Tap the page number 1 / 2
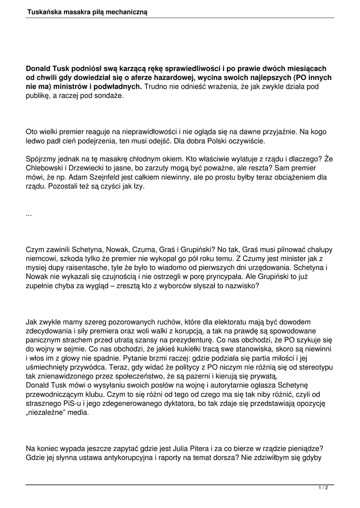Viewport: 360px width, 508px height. tap(323, 488)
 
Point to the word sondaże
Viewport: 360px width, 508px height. tap(107, 96)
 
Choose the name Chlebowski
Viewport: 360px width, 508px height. tap(46, 168)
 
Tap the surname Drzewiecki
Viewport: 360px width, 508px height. tap(94, 168)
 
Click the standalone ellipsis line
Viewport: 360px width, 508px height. tap(29, 213)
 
